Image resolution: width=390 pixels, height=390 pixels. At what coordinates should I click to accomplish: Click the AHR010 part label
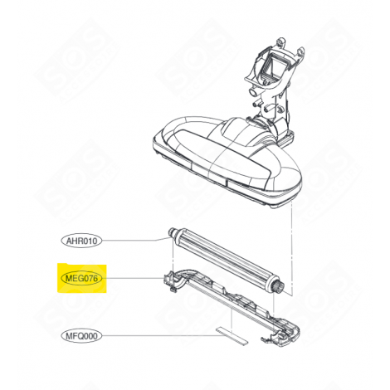pyautogui.click(x=80, y=241)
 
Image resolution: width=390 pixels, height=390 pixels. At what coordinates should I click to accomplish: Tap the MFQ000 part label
pyautogui.click(x=80, y=336)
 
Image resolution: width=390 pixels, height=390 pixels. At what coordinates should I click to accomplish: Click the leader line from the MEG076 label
pyautogui.click(x=133, y=280)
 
